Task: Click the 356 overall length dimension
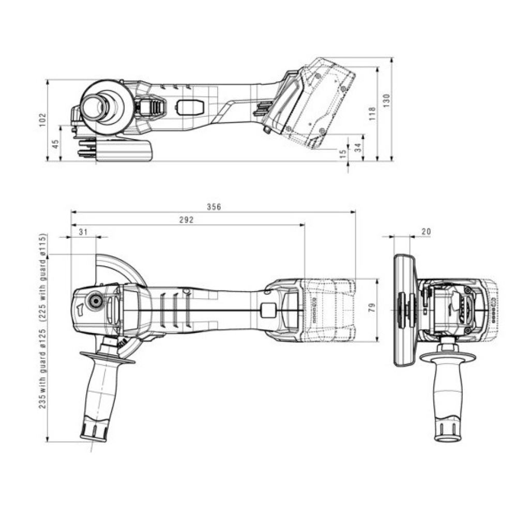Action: pos(214,207)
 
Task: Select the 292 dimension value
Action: pos(186,220)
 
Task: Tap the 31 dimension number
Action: pos(83,232)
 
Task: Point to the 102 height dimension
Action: pos(43,119)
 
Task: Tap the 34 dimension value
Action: pos(357,147)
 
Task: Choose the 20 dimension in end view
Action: pos(425,232)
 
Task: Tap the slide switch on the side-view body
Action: pos(189,107)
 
